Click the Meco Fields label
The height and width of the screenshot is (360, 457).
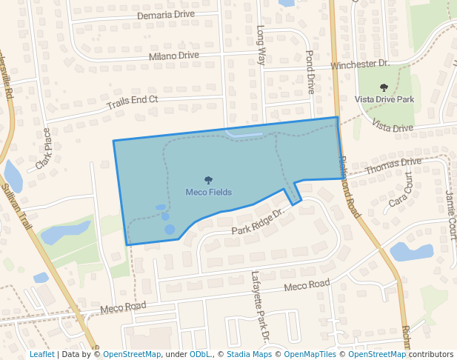click(x=208, y=193)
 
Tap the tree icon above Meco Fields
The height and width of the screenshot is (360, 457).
click(x=208, y=180)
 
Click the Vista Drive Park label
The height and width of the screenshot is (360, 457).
click(x=384, y=99)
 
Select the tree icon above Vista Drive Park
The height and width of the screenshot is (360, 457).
click(x=384, y=87)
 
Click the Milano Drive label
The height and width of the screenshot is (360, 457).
click(x=174, y=56)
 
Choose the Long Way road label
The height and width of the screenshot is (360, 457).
click(x=260, y=46)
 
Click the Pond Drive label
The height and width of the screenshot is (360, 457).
click(x=311, y=72)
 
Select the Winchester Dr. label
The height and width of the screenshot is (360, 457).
click(x=359, y=65)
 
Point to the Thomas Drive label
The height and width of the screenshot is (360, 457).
click(x=393, y=166)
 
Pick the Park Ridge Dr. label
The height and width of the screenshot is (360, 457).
click(x=257, y=223)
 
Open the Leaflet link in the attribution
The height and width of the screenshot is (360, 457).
click(x=41, y=355)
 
